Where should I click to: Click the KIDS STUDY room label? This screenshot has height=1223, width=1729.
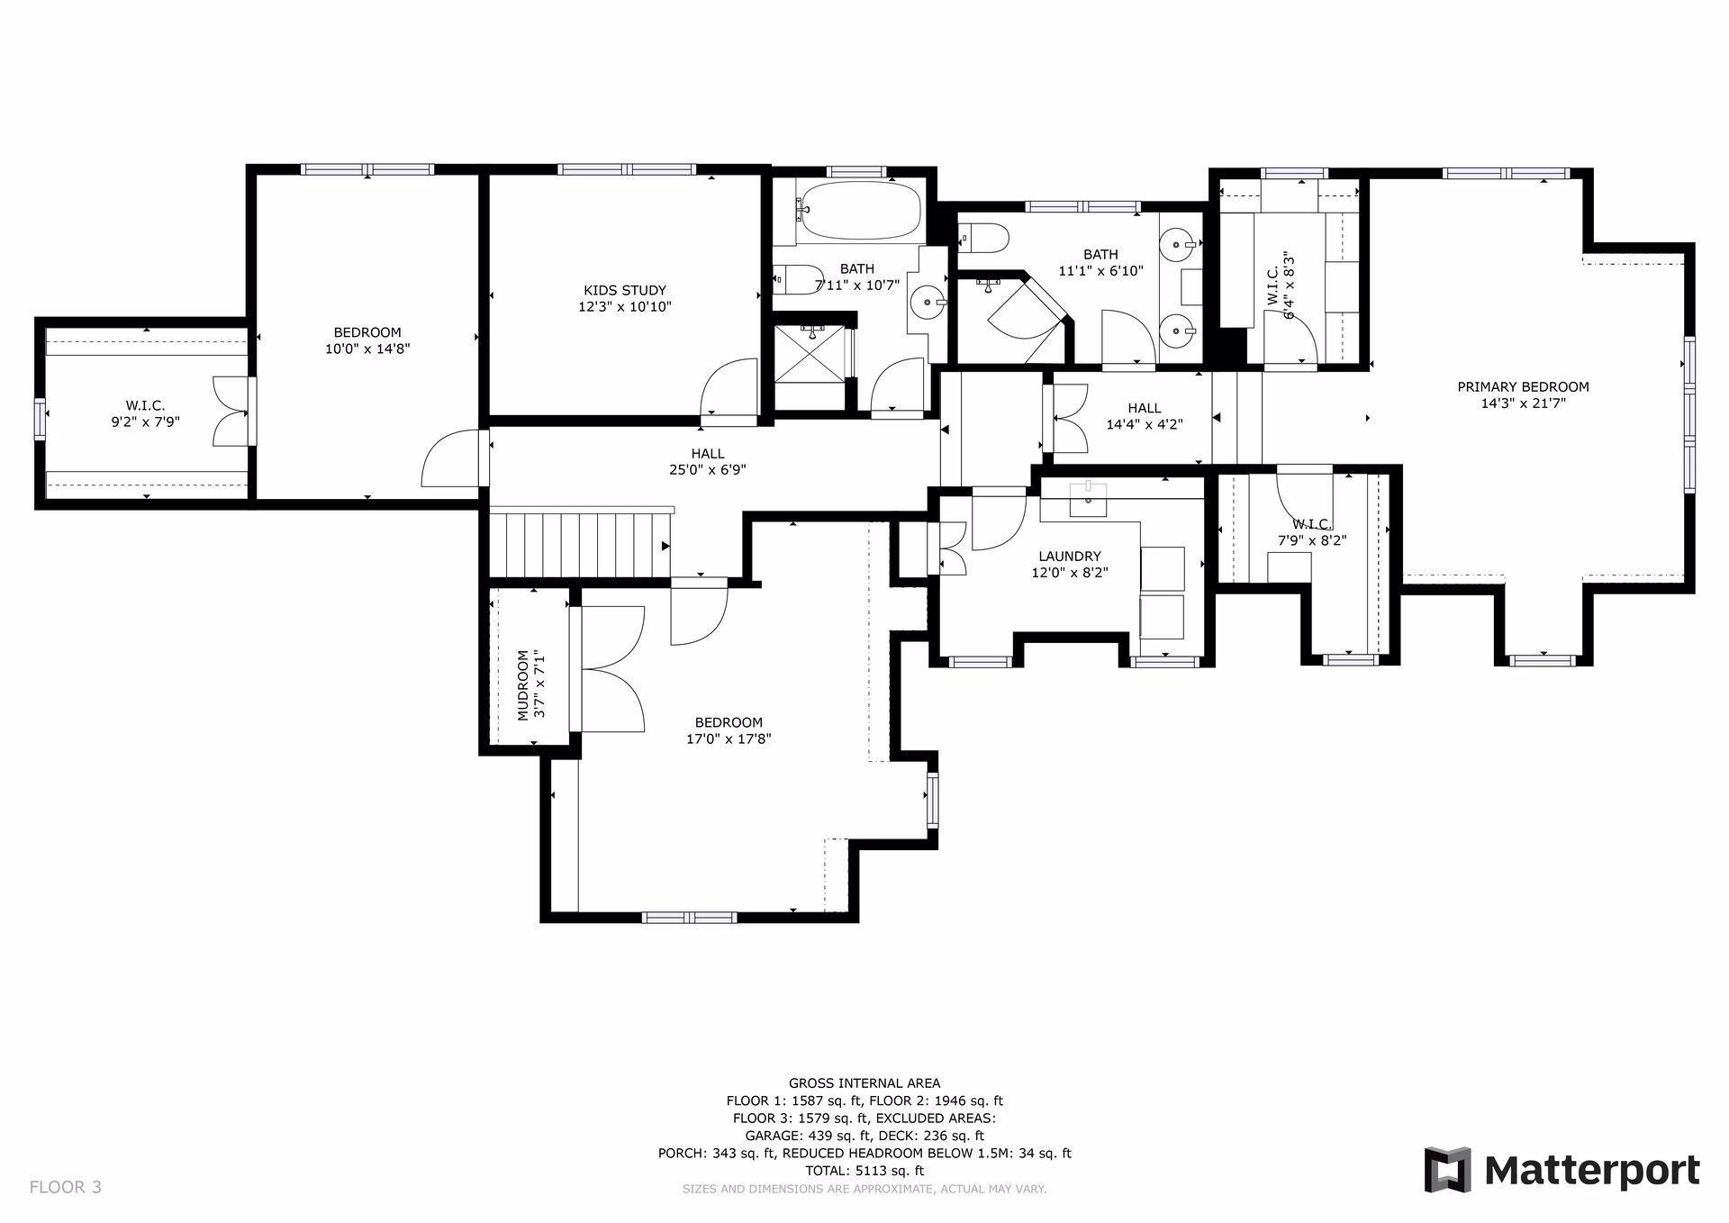(625, 290)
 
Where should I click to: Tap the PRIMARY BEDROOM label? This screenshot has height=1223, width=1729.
(1523, 387)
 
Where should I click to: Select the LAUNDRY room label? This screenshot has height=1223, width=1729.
(1069, 557)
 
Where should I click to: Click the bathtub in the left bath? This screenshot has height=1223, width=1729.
(859, 210)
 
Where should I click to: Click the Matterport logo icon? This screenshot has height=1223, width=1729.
(1447, 1170)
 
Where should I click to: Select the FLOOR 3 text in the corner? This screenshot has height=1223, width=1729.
(66, 1187)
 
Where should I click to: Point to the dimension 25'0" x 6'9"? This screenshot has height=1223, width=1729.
(707, 469)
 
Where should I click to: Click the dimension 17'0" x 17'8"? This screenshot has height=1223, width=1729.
(729, 738)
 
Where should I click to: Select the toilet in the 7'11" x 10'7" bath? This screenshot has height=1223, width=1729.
(797, 278)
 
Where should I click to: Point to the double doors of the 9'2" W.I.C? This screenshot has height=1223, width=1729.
(231, 411)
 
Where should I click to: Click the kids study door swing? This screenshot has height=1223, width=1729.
(729, 388)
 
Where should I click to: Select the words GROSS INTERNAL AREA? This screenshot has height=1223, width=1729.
(864, 1083)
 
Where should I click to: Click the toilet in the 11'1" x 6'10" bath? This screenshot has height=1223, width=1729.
(983, 238)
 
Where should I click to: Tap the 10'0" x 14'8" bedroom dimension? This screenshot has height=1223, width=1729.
(367, 349)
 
